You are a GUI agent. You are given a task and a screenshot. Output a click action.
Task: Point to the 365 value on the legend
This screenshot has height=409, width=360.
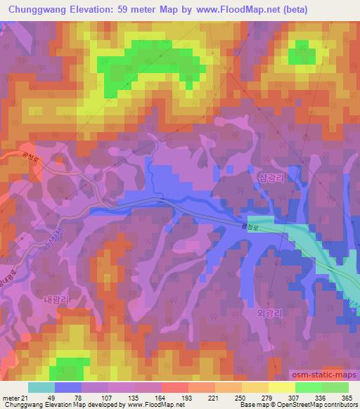pos(347,398)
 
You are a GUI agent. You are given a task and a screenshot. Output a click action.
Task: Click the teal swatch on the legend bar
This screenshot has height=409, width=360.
pos(41,387)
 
